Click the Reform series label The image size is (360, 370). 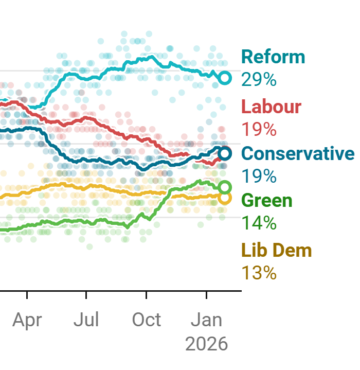273,57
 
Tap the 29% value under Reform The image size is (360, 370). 259,80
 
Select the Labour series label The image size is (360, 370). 271,107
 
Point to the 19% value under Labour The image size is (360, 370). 259,129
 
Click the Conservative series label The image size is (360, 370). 298,153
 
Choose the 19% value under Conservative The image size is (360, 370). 259,176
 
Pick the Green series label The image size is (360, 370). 266,200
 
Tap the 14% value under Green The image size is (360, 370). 259,223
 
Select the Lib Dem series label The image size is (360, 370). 276,250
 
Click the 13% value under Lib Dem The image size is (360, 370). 259,273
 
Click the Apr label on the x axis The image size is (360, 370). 27,320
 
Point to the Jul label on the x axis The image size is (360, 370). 86,320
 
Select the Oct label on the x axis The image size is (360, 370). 147,320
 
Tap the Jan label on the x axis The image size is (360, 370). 206,320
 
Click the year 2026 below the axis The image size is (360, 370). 206,344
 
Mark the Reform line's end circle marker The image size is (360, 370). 225,78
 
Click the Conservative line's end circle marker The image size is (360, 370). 225,153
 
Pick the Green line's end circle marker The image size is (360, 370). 225,187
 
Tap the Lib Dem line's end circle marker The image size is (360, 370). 225,198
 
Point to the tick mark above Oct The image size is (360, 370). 147,295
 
